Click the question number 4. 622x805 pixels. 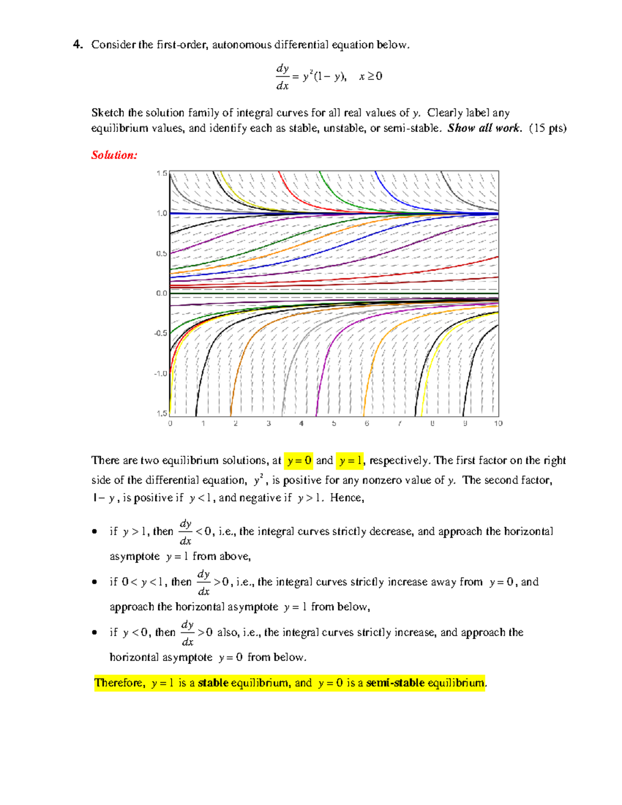(x=78, y=45)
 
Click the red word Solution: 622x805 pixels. (x=114, y=155)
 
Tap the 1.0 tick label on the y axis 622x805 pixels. (x=162, y=213)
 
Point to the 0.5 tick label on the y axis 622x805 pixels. (x=162, y=253)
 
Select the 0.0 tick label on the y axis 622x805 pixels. (x=162, y=293)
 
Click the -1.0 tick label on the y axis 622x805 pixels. (x=161, y=373)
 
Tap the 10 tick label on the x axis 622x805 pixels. (x=498, y=423)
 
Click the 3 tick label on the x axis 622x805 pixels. (x=268, y=423)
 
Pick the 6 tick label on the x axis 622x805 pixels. (x=366, y=423)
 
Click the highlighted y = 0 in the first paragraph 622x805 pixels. (x=299, y=460)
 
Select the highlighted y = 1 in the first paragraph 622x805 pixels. (x=350, y=460)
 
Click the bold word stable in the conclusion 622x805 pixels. (x=213, y=683)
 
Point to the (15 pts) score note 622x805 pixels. (x=547, y=128)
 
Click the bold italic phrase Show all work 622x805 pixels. (x=484, y=128)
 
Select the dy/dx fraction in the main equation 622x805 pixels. (x=282, y=77)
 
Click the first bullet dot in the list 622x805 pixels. (x=94, y=531)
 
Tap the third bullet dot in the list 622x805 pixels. (x=94, y=632)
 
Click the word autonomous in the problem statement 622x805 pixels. (x=242, y=45)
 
